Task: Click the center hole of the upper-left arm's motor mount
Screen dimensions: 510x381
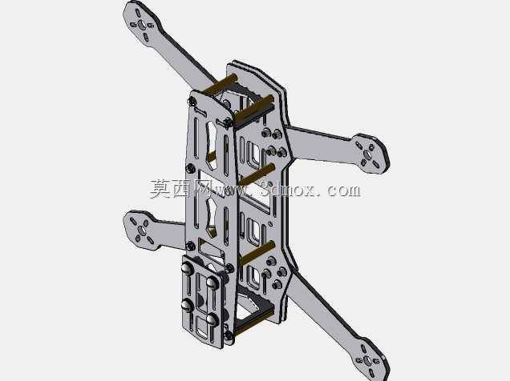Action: (142, 25)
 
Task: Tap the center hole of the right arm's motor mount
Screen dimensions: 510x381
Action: (368, 154)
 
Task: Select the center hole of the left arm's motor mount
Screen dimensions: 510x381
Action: (142, 231)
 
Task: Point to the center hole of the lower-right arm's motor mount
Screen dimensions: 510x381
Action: (367, 360)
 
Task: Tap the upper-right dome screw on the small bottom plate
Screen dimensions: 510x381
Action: (212, 283)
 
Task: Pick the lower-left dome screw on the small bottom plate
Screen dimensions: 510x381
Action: (187, 305)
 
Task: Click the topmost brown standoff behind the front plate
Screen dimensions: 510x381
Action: (220, 83)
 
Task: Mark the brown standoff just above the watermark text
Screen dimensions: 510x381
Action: (257, 174)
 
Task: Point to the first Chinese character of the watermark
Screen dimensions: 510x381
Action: (160, 189)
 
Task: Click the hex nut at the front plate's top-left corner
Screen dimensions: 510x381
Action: (192, 102)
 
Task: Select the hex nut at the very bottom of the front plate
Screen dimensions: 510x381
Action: (229, 335)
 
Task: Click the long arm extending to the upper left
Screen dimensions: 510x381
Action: (169, 46)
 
